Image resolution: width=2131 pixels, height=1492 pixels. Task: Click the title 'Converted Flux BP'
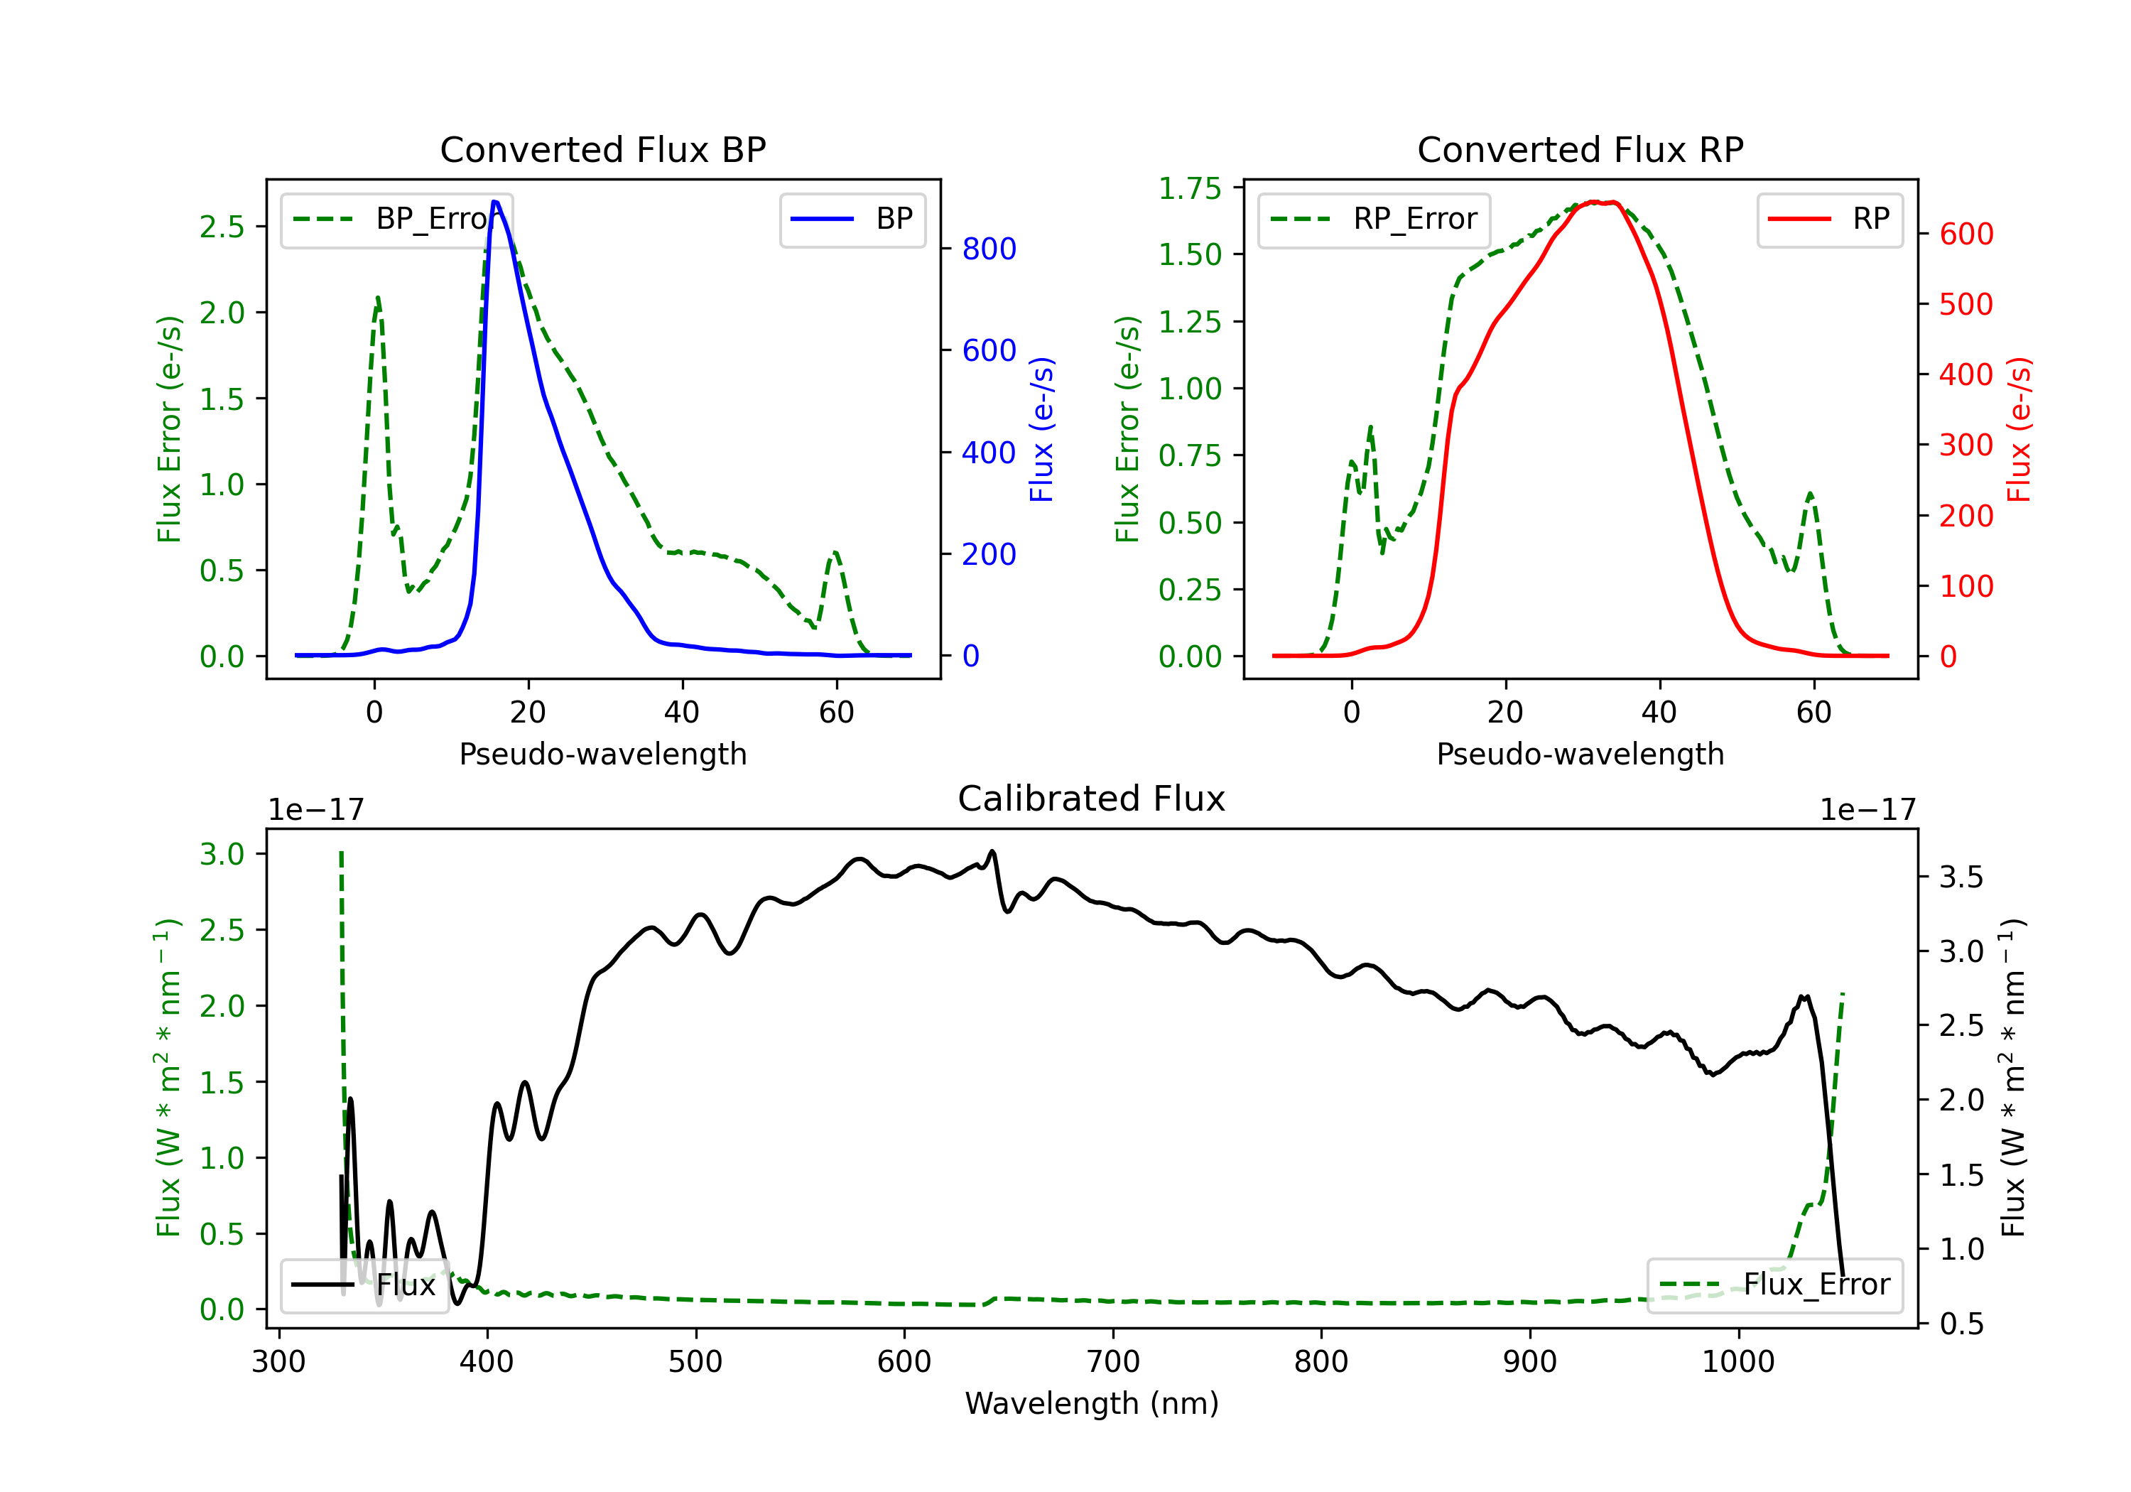(602, 149)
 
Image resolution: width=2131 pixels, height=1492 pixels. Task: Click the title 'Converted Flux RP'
(1580, 149)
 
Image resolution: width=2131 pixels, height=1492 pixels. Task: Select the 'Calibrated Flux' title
(1092, 799)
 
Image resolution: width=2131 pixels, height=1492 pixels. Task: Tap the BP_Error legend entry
(396, 219)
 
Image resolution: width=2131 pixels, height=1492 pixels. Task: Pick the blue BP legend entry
(852, 219)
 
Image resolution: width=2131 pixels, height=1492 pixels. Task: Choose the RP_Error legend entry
(1374, 219)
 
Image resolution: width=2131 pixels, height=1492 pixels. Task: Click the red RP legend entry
(1829, 219)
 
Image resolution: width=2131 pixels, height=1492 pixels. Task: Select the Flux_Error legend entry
(1774, 1285)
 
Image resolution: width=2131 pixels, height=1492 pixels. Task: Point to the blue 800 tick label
(989, 249)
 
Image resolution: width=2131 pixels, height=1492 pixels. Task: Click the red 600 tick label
(1967, 234)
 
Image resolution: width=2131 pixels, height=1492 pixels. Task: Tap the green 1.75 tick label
(1190, 188)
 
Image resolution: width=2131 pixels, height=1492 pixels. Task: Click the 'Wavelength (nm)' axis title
(1092, 1404)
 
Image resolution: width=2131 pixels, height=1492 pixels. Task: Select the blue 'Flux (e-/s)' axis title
(1042, 430)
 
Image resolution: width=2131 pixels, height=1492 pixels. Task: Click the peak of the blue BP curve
(494, 202)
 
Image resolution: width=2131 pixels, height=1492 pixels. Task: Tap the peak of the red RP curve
(1593, 202)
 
